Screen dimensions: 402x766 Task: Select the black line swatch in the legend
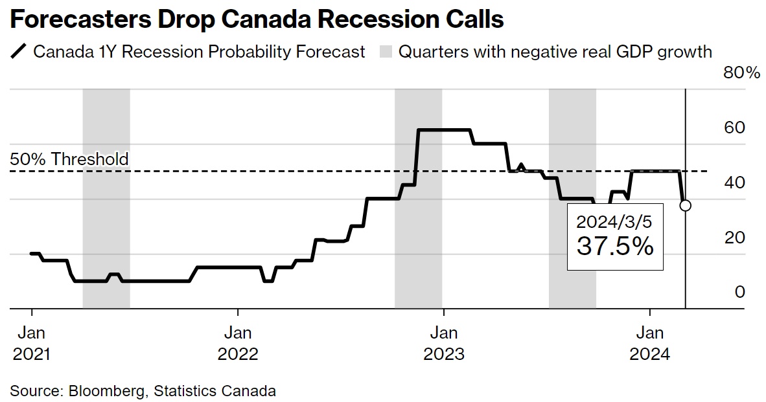click(x=19, y=52)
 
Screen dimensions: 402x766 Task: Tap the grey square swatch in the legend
click(x=386, y=52)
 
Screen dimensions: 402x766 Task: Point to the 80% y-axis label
click(x=741, y=73)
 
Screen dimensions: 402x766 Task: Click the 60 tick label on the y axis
click(x=734, y=128)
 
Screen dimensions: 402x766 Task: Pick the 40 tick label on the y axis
click(x=734, y=183)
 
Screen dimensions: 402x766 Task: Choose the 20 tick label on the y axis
click(x=734, y=238)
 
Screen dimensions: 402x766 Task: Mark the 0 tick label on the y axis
click(x=739, y=293)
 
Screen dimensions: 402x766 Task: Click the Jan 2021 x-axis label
click(x=31, y=344)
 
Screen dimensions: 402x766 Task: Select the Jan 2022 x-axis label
click(x=238, y=344)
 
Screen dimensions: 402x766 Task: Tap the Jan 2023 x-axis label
click(x=443, y=344)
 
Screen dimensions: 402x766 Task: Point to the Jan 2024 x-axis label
click(x=650, y=344)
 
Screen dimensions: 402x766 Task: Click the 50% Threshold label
click(x=69, y=159)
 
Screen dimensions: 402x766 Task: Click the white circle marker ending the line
click(x=685, y=205)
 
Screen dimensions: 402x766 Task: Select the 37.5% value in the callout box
click(x=615, y=247)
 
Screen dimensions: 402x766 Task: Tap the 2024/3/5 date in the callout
click(x=615, y=222)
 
